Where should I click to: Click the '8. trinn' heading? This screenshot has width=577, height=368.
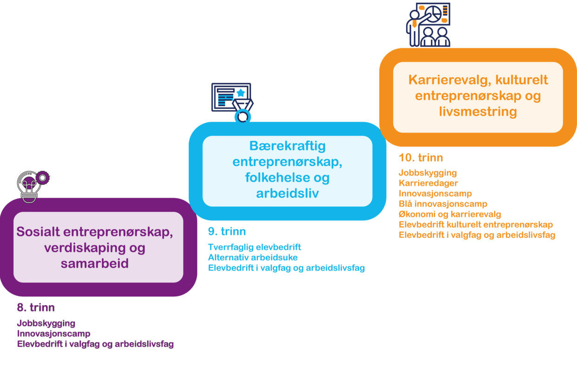click(36, 308)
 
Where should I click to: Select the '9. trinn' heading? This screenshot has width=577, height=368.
click(227, 231)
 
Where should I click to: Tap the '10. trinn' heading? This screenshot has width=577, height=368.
click(421, 157)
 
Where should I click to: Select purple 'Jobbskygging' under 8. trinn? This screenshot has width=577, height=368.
click(46, 323)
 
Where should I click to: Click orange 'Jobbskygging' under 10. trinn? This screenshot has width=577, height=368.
click(428, 173)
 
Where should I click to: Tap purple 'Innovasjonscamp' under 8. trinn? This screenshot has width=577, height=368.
click(54, 334)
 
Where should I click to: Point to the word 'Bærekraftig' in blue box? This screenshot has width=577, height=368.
click(288, 146)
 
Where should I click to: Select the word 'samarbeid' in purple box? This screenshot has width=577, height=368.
click(94, 263)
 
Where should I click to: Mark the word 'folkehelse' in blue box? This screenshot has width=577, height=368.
click(274, 178)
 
